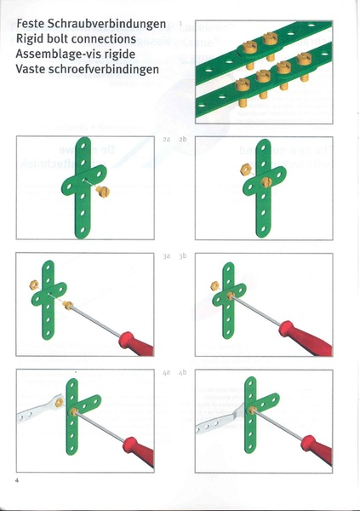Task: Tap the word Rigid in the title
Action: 31,39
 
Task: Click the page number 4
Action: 17,481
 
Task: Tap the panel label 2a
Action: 166,138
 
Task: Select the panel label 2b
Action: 183,138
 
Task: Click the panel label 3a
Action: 166,255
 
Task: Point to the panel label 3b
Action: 183,255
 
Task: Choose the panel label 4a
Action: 166,373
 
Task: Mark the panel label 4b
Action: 183,373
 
